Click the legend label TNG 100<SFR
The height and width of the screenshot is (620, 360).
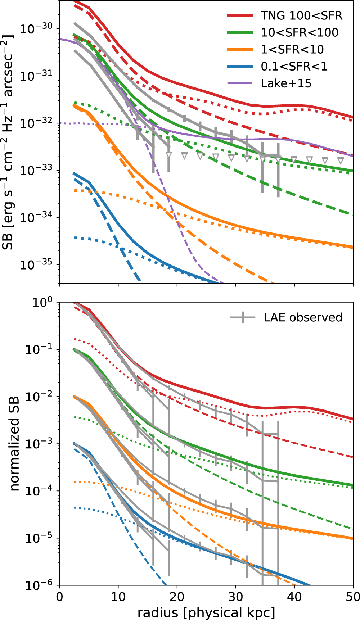point(301,15)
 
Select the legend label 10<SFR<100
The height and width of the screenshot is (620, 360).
point(300,32)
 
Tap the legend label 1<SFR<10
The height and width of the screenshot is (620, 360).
point(292,49)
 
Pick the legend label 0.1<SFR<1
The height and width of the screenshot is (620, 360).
point(294,66)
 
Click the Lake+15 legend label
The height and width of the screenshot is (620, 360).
point(286,83)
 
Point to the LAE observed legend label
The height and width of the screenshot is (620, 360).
point(303,317)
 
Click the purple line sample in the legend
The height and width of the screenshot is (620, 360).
point(240,83)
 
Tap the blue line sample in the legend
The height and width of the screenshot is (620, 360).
point(240,67)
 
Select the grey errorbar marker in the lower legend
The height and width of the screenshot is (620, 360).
point(243,317)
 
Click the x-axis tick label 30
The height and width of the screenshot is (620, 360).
point(235,597)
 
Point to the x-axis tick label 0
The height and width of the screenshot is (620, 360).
point(59,597)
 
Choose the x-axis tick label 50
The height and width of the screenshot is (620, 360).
point(352,597)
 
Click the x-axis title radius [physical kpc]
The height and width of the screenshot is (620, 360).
point(206,612)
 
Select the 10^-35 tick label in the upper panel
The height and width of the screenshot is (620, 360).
point(36,264)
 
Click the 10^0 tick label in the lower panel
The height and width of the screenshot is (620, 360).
point(42,302)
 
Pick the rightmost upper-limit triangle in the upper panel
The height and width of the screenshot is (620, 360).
point(341,160)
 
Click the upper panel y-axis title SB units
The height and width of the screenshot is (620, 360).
point(8,142)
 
